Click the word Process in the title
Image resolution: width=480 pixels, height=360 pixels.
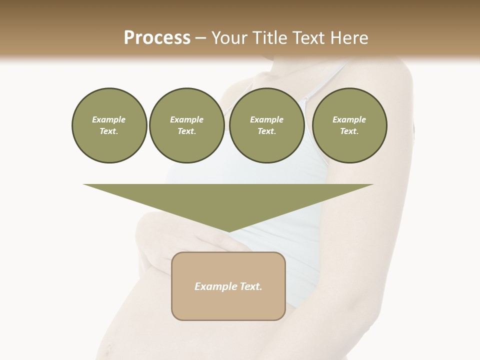(157, 38)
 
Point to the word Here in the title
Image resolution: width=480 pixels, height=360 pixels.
(348, 38)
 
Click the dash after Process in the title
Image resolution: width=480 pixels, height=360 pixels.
(200, 38)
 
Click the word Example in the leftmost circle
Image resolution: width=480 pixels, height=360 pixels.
(109, 119)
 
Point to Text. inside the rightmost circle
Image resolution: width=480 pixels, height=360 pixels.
(349, 131)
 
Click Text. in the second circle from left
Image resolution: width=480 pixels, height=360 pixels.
(186, 131)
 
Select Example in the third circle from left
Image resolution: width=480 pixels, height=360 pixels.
(266, 119)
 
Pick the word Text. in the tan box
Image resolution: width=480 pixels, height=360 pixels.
(250, 286)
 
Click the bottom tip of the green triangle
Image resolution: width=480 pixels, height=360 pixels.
(228, 231)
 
